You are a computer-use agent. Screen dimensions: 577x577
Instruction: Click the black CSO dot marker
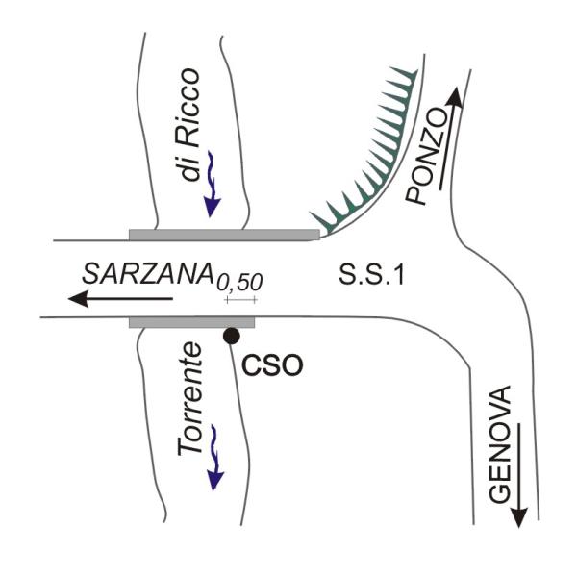point(231,336)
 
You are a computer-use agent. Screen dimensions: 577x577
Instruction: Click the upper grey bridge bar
point(223,234)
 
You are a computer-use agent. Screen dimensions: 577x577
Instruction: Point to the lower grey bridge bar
point(192,320)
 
